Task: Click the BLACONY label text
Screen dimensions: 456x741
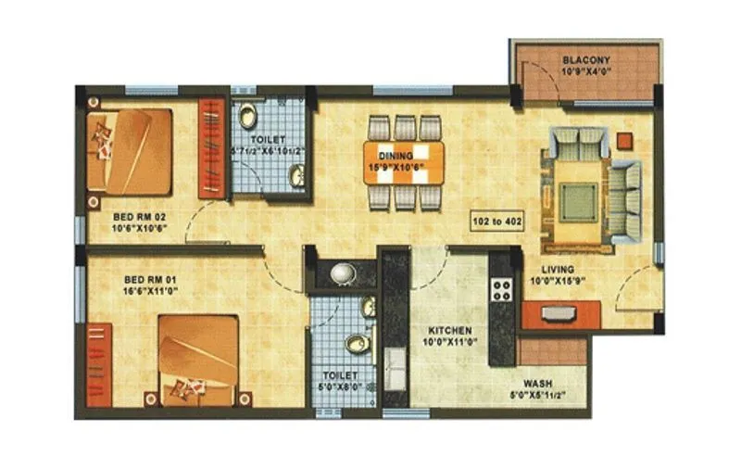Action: [584, 61]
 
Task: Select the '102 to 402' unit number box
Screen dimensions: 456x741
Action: [497, 222]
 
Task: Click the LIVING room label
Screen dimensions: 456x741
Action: [559, 270]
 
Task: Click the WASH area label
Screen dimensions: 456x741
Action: [538, 382]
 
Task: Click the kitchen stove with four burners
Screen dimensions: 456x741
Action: [502, 288]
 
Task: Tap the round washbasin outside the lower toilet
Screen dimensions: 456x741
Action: [342, 273]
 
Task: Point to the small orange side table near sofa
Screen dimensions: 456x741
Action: [625, 140]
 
